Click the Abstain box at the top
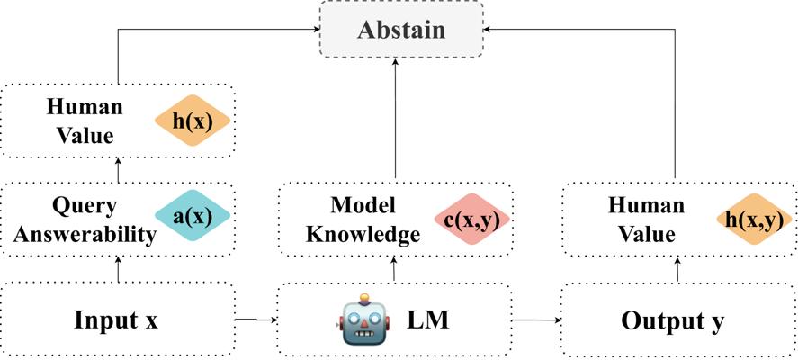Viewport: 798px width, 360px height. [401, 29]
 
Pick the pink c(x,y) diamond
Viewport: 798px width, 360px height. [471, 219]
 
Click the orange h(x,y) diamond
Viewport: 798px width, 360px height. [754, 219]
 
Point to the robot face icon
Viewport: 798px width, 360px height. [363, 319]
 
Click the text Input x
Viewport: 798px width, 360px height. [116, 320]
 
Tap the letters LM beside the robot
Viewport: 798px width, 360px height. [428, 320]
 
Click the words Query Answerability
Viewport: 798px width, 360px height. [85, 220]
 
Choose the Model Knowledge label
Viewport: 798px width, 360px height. [364, 220]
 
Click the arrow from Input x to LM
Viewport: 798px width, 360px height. [257, 319]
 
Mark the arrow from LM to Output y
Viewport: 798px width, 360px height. [536, 320]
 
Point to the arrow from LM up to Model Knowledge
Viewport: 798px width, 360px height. [394, 269]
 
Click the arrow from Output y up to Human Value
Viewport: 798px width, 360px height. [677, 269]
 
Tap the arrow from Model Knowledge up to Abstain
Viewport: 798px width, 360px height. [396, 119]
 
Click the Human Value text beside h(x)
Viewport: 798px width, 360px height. [85, 121]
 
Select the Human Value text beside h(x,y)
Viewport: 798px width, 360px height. [646, 220]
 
